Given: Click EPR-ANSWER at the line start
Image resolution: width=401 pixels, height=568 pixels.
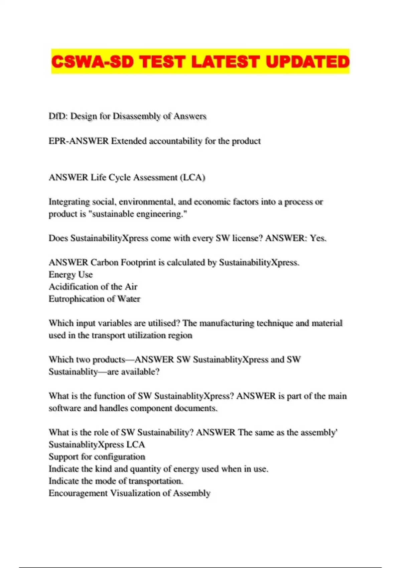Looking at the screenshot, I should coord(79,141).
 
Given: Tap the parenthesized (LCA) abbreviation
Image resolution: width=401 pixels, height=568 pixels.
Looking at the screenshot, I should coord(192,177).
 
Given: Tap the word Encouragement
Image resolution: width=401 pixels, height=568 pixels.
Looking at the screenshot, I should coord(78,493).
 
